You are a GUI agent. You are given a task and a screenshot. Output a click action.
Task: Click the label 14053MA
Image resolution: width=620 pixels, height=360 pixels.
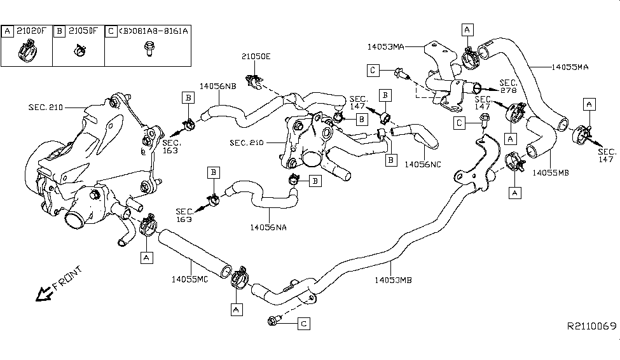coord(389,46)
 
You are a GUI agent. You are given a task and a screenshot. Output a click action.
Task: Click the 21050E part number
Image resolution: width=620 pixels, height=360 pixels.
coord(256,56)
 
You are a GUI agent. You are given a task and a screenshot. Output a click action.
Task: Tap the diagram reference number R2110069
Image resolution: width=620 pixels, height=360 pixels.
coord(591,326)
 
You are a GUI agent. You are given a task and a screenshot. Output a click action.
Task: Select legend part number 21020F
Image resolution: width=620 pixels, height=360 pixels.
coord(32,31)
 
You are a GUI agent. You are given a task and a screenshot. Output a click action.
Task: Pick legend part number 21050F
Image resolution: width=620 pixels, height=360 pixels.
coord(84,31)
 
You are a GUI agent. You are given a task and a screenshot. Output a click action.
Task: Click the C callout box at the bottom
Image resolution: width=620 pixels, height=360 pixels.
coord(303,324)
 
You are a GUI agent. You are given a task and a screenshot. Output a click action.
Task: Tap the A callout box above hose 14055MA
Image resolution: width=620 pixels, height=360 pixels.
coord(467,29)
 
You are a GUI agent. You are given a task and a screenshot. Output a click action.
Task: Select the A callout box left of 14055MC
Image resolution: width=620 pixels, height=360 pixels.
coord(147,257)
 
